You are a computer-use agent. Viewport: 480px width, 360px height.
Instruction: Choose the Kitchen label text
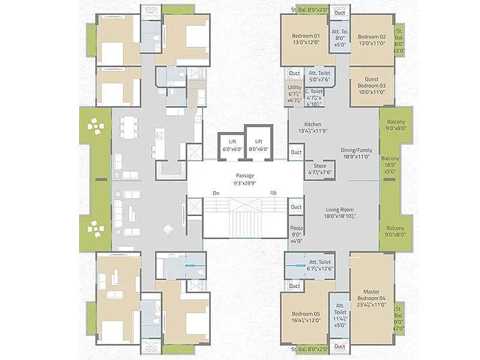[313, 127]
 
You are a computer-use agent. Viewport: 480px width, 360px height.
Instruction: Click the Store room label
[319, 169]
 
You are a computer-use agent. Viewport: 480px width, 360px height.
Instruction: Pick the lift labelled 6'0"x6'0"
[232, 145]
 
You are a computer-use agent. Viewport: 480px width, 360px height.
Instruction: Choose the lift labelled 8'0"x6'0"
[259, 145]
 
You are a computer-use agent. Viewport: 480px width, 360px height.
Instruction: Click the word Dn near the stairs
[215, 193]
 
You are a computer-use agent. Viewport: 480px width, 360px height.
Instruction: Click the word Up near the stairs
[274, 193]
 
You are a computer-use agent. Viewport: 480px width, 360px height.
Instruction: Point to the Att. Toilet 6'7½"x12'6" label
[320, 265]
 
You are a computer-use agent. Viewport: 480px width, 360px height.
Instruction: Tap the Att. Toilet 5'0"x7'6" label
[320, 76]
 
